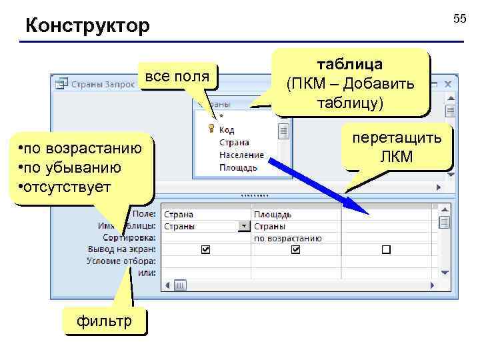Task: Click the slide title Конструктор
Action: (x=87, y=27)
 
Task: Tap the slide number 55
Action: (x=460, y=19)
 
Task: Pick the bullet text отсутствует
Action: (x=67, y=185)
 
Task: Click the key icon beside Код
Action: (x=211, y=129)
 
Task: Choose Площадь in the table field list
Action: (x=238, y=167)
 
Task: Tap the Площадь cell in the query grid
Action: (x=272, y=215)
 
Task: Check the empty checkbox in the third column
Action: (x=386, y=249)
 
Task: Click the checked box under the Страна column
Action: (x=205, y=249)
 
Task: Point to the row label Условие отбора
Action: (x=121, y=261)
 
